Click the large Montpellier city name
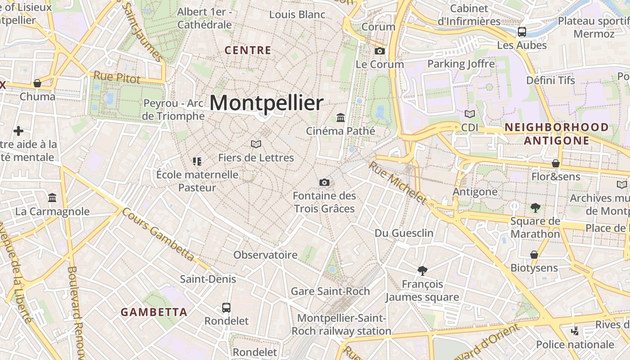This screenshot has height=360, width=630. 266,103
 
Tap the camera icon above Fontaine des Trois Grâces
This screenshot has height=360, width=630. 324,182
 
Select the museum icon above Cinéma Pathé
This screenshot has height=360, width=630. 341,118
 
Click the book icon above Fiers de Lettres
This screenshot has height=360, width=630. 256,144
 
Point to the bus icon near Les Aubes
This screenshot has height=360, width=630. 522,32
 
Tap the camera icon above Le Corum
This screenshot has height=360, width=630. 380,51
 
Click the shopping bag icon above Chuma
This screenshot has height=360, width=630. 37,83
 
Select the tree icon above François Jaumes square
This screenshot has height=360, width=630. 422,270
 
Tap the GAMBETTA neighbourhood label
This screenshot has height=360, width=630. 154,312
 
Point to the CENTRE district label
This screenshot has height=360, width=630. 248,50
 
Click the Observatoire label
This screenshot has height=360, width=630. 265,255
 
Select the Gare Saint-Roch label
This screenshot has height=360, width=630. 330,291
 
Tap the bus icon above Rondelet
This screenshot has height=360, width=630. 226,308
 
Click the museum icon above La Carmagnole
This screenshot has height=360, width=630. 52,198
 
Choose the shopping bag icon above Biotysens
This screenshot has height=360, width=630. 534,255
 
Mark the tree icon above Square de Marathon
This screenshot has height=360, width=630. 535,207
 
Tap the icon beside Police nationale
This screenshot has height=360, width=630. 575,332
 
